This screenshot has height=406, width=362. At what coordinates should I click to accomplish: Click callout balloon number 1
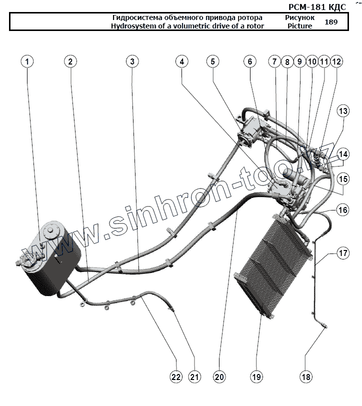[27, 61]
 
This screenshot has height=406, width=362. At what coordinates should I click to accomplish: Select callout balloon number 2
[70, 61]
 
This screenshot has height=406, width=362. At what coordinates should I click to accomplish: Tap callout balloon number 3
[132, 61]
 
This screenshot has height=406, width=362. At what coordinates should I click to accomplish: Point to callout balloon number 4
[182, 61]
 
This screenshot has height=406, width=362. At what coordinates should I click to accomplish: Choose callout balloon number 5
[212, 61]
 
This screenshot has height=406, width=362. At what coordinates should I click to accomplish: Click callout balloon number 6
[249, 61]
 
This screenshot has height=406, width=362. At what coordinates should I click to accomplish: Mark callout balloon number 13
[342, 110]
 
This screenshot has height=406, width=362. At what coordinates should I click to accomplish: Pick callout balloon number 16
[342, 210]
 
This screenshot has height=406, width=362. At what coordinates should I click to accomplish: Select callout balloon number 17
[342, 253]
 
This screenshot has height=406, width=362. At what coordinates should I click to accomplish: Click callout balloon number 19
[256, 376]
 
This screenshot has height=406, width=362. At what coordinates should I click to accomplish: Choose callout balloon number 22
[176, 376]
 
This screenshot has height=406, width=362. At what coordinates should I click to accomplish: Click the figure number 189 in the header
[330, 22]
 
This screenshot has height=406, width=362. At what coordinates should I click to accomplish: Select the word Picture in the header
[300, 26]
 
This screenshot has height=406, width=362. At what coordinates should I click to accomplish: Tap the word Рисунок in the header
[300, 17]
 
